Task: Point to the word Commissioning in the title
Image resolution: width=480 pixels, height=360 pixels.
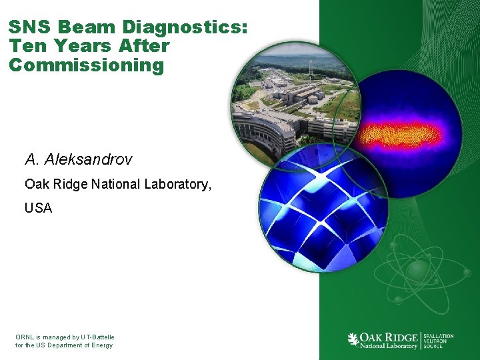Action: [86, 65]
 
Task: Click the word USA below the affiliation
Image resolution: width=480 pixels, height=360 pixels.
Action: [38, 208]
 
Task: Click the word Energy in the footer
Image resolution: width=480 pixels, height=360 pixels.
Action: [101, 345]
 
